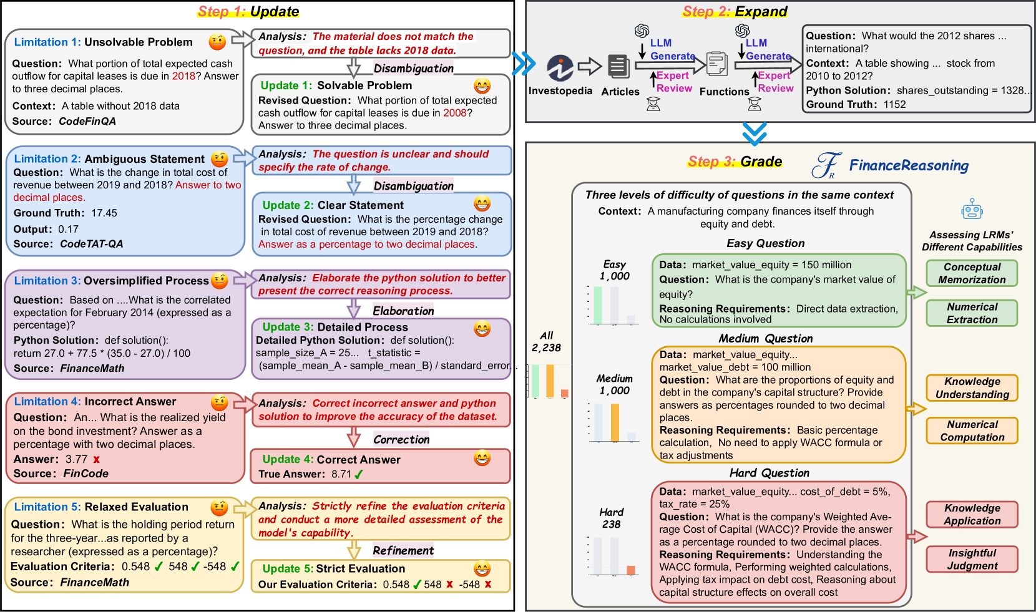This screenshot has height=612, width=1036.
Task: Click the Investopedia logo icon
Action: (560, 68)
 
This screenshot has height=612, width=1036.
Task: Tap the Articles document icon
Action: (618, 67)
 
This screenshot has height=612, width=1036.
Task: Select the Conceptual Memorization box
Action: (972, 273)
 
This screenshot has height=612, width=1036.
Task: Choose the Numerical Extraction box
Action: (972, 313)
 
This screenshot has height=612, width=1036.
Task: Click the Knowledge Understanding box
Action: (972, 388)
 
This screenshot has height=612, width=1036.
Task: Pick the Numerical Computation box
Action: (972, 430)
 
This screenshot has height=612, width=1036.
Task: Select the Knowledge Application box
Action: (972, 515)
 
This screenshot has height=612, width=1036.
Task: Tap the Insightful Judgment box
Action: (972, 559)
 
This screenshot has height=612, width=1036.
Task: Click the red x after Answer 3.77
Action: (96, 459)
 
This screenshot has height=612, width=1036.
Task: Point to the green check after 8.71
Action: (359, 474)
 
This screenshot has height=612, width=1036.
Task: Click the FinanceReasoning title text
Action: (909, 165)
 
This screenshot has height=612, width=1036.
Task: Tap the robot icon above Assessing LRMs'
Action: (972, 210)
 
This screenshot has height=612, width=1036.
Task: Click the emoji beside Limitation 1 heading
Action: (217, 42)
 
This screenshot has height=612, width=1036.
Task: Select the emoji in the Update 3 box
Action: (482, 328)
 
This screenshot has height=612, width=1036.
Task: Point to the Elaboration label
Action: (403, 311)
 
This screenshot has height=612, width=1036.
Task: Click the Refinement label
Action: (403, 550)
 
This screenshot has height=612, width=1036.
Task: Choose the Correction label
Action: (401, 439)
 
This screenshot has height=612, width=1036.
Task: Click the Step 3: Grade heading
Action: (735, 162)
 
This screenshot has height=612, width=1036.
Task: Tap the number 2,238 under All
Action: (546, 347)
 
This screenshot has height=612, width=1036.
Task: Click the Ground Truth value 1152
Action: (894, 104)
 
